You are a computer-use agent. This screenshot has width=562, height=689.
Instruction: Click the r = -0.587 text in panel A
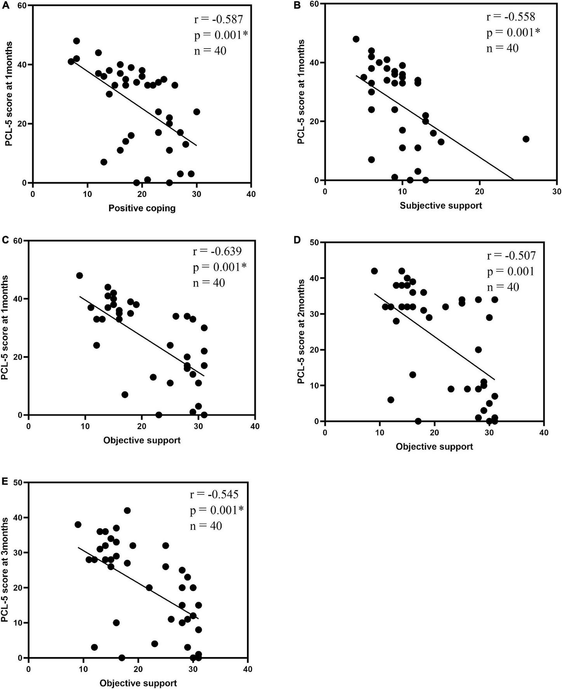point(219,20)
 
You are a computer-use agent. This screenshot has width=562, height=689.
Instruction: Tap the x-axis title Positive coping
point(142,208)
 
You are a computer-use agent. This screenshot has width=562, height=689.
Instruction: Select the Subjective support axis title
point(441,205)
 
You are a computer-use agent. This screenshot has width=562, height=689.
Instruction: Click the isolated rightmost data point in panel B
point(526,139)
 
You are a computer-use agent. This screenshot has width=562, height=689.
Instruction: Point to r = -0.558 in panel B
point(511,17)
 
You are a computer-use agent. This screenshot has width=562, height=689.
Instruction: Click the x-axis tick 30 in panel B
point(557,192)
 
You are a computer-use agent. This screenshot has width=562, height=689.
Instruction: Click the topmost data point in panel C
point(80,275)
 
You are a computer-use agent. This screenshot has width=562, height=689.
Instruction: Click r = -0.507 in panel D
point(511,255)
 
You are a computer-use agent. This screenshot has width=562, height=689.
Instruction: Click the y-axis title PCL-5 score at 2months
point(301,332)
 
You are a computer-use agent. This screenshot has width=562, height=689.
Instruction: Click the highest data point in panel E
point(127,511)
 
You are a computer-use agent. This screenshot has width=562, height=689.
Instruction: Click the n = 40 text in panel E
point(206,526)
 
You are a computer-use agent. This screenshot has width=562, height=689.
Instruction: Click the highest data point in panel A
point(77,41)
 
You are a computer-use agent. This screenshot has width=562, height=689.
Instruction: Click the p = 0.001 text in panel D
point(510,271)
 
